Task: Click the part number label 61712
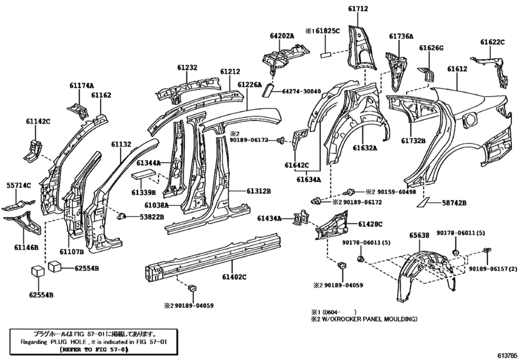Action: (358, 9)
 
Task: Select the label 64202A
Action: (282, 37)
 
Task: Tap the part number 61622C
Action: (492, 42)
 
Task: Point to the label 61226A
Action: (249, 84)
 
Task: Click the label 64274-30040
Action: (305, 91)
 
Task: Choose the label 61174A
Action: (82, 85)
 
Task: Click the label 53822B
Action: (152, 218)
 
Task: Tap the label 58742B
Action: (454, 203)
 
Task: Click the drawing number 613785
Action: (505, 354)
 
